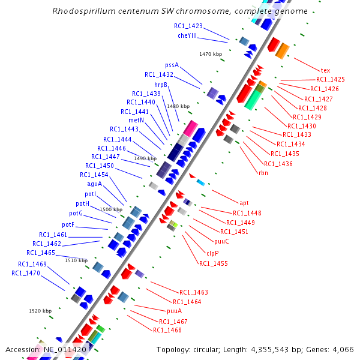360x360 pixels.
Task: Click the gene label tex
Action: click(326, 70)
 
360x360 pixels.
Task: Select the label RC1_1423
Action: click(188, 26)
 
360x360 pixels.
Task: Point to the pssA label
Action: click(172, 65)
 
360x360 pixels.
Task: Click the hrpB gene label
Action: click(161, 85)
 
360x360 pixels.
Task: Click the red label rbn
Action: click(263, 173)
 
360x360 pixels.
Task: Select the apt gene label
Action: click(244, 203)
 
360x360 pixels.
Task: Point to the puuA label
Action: click(174, 311)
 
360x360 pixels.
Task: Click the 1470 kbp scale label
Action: click(211, 54)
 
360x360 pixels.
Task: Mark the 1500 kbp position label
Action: click(111, 209)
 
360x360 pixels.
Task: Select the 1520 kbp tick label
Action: click(40, 311)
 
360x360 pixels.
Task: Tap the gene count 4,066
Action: click(343, 350)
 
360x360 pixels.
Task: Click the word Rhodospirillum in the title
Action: click(83, 11)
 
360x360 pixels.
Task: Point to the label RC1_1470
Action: click(25, 273)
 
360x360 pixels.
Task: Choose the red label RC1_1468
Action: click(167, 330)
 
